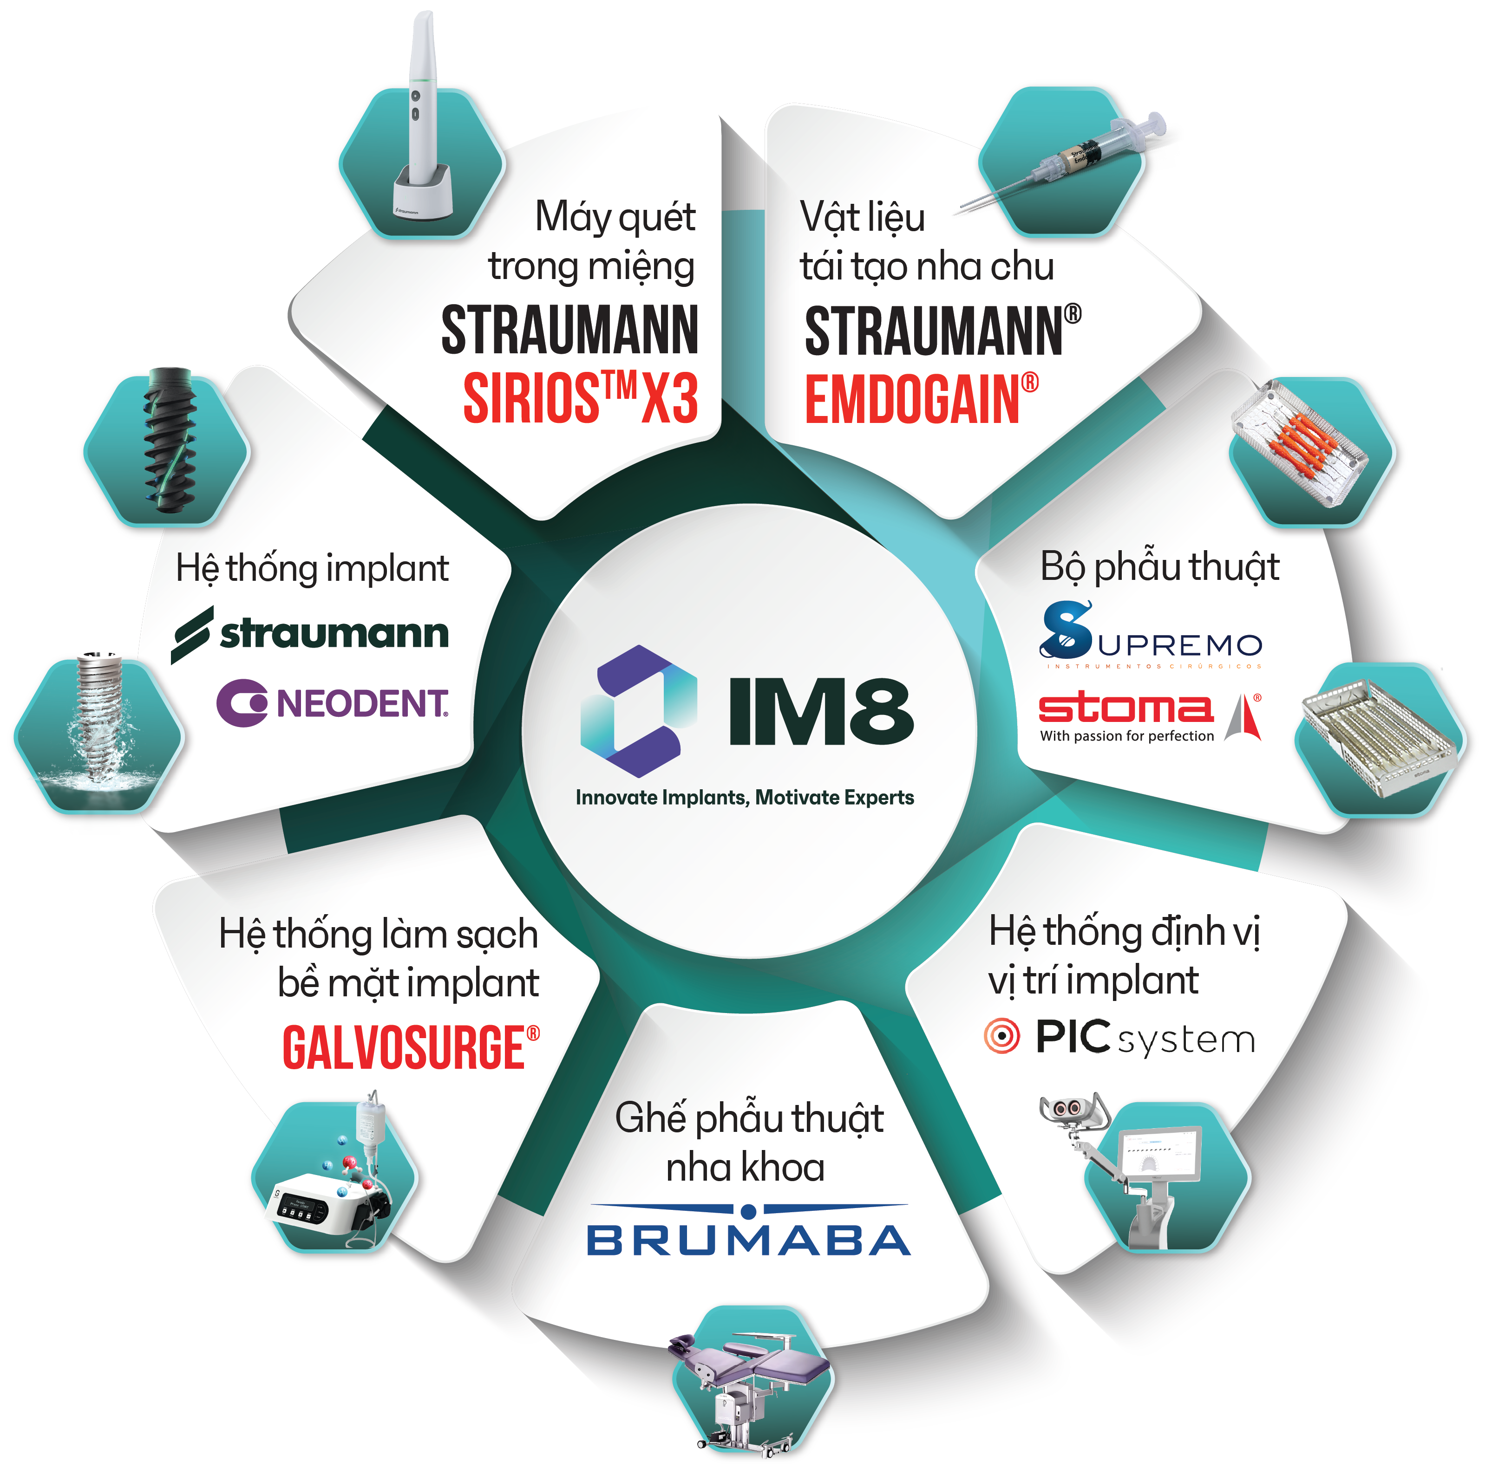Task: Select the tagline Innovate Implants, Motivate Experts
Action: [745, 797]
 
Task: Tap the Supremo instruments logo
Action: [1151, 635]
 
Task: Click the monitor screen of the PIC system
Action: [1158, 1154]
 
